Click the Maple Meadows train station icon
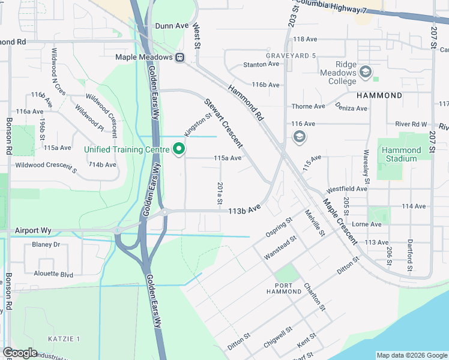tap(179, 58)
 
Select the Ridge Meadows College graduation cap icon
tap(365, 73)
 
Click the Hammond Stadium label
tap(402, 154)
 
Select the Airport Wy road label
tap(33, 230)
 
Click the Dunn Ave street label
tap(172, 26)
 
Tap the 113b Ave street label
tap(244, 211)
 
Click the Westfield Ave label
tap(346, 188)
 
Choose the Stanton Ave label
tap(261, 64)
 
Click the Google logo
tap(20, 353)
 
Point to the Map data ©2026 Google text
tap(411, 355)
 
